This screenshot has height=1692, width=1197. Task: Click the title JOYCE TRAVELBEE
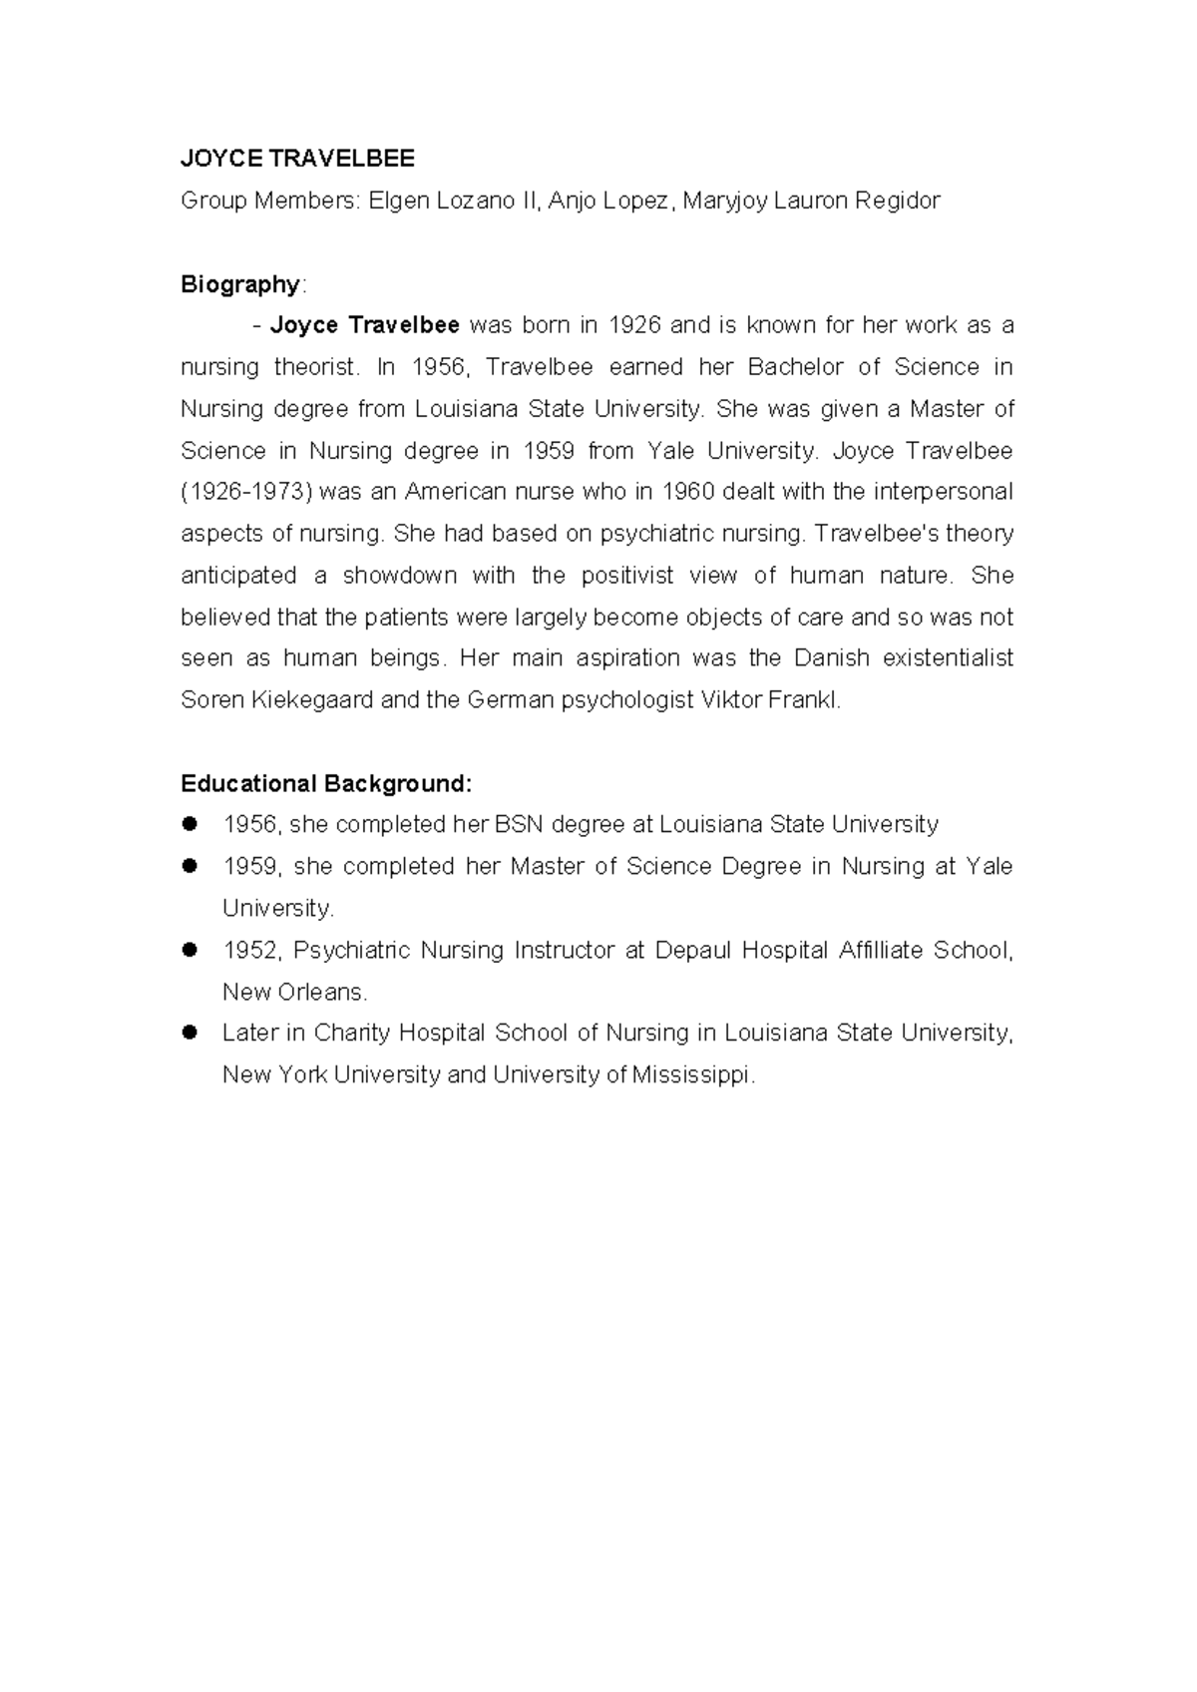pyautogui.click(x=296, y=158)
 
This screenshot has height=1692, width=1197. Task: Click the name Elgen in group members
pyautogui.click(x=396, y=201)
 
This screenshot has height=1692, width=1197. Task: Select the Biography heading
pyautogui.click(x=239, y=284)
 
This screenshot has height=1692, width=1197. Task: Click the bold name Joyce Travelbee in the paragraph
pyautogui.click(x=364, y=325)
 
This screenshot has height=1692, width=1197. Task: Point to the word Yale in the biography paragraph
pyautogui.click(x=670, y=451)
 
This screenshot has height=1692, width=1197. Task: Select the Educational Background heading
pyautogui.click(x=325, y=784)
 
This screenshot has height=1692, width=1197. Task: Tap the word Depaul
pyautogui.click(x=691, y=950)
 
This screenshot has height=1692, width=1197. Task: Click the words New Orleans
pyautogui.click(x=294, y=992)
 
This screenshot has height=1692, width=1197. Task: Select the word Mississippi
pyautogui.click(x=692, y=1075)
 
